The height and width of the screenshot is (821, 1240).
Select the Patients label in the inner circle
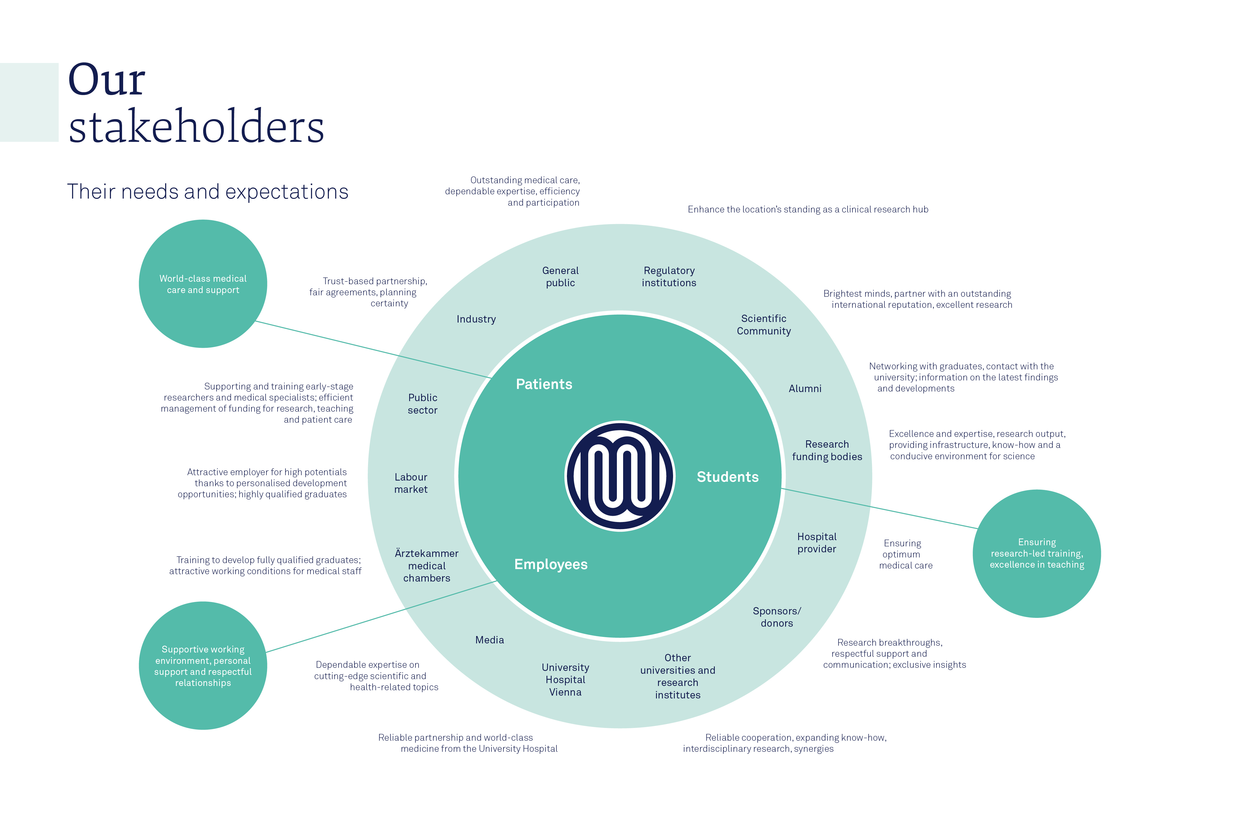click(x=544, y=384)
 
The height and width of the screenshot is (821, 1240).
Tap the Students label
click(x=727, y=477)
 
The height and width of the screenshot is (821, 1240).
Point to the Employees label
click(x=551, y=565)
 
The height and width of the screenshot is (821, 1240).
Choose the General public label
click(x=560, y=277)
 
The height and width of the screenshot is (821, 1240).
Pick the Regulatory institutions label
click(x=669, y=277)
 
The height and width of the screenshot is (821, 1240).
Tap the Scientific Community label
click(x=764, y=325)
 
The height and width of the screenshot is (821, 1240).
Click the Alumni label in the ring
click(x=805, y=388)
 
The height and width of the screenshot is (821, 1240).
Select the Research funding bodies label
click(x=827, y=450)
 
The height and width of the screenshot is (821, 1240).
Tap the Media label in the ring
click(x=489, y=640)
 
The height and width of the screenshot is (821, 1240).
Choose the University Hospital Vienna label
click(x=565, y=680)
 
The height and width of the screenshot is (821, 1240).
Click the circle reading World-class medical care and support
click(x=203, y=284)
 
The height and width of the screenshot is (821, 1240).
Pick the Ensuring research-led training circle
click(x=1036, y=553)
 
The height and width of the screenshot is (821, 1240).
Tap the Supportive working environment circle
click(x=203, y=666)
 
